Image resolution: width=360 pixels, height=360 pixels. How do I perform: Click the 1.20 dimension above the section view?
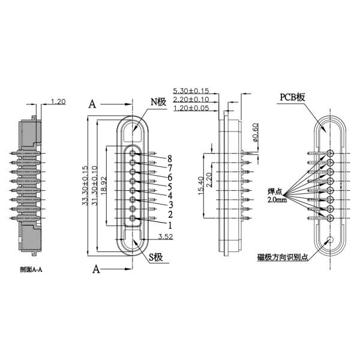[59, 101]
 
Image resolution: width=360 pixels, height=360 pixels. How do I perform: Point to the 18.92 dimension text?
[104, 187]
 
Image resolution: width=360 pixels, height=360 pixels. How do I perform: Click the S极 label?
[157, 259]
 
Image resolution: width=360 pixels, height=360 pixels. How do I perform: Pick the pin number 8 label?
[170, 158]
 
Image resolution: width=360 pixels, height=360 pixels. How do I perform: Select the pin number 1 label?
[170, 225]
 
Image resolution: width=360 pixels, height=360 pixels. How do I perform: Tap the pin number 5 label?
[170, 186]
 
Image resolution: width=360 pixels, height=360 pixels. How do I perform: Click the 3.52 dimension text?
[166, 236]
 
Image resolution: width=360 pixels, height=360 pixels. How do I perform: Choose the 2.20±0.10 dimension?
[191, 99]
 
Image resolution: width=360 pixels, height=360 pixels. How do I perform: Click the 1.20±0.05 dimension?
[191, 108]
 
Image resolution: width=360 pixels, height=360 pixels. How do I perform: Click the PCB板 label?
[293, 97]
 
